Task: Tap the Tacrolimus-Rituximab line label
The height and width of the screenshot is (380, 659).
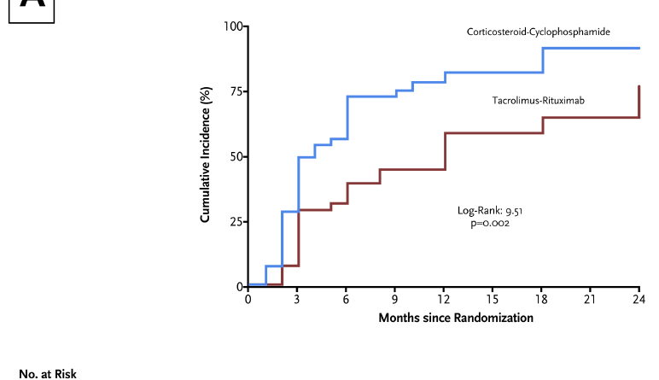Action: (538, 101)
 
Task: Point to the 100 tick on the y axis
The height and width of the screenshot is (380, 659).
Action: (232, 26)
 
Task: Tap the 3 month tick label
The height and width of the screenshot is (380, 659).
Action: (298, 299)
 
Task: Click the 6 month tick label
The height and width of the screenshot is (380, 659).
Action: (347, 299)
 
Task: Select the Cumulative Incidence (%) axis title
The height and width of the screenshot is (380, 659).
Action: (206, 157)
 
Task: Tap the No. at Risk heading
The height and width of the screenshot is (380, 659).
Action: (49, 372)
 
